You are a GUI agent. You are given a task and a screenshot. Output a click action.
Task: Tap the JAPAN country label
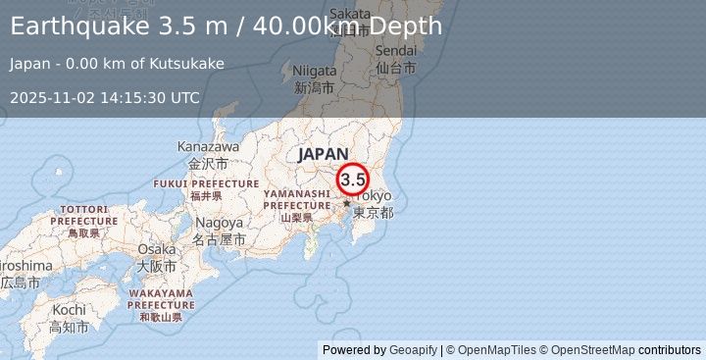click(x=323, y=153)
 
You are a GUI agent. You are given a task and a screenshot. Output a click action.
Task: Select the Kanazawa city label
click(x=207, y=146)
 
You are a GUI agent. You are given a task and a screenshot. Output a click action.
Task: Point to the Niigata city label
click(x=315, y=71)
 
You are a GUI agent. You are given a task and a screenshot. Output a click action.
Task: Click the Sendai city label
click(x=395, y=50)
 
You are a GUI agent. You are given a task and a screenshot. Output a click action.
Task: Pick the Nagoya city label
click(x=218, y=223)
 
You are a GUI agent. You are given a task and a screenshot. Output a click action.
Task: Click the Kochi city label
click(x=69, y=309)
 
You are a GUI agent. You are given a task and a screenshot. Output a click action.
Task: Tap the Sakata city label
click(x=351, y=13)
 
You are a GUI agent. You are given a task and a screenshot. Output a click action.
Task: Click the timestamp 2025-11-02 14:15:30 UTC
click(x=105, y=97)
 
